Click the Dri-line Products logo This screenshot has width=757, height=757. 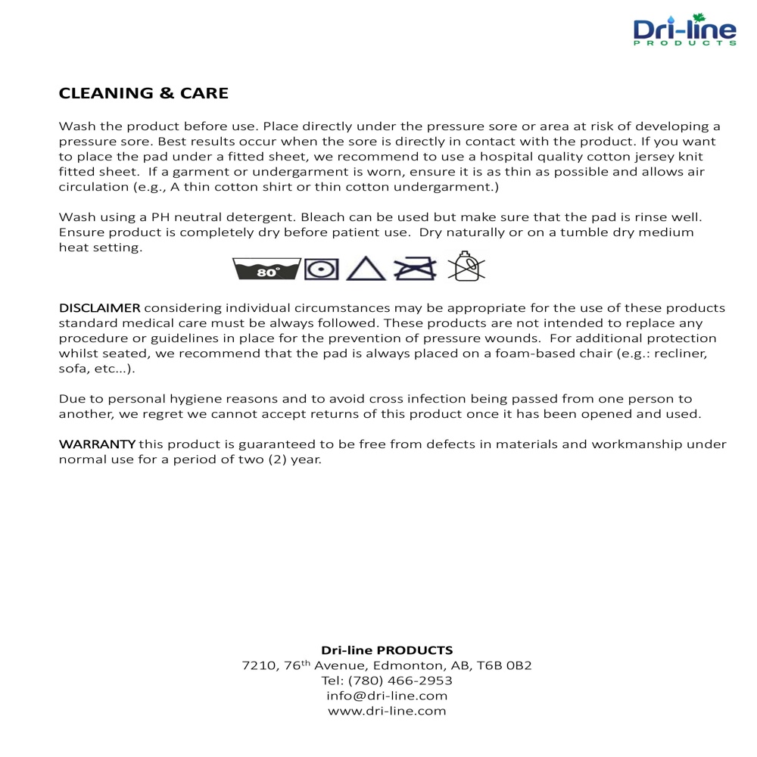pyautogui.click(x=684, y=31)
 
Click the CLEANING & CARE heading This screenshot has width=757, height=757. pyautogui.click(x=144, y=93)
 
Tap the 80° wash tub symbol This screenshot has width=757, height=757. pyautogui.click(x=266, y=268)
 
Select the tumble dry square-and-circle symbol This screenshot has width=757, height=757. pyautogui.click(x=320, y=268)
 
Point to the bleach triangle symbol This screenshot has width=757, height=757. pyautogui.click(x=366, y=268)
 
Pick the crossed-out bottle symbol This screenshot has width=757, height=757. pyautogui.click(x=466, y=266)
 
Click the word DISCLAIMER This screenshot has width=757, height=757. pyautogui.click(x=99, y=308)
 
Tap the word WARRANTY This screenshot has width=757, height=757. pyautogui.click(x=97, y=444)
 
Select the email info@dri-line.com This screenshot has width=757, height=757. pyautogui.click(x=387, y=696)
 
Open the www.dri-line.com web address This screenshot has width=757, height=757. pyautogui.click(x=387, y=711)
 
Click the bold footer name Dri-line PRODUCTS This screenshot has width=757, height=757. pyautogui.click(x=387, y=650)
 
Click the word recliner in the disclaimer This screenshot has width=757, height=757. pyautogui.click(x=684, y=354)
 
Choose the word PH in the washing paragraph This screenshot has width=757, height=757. pyautogui.click(x=162, y=217)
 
